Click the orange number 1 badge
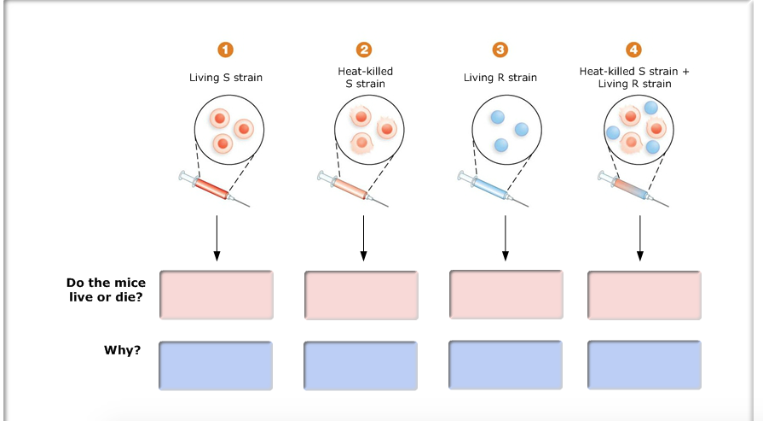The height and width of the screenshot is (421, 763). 226,50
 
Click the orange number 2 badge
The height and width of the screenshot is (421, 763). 365,50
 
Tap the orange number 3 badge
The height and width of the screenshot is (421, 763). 500,50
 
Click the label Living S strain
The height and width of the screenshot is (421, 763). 226,78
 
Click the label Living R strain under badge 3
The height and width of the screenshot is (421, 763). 500,78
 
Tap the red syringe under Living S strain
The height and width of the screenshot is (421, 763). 214,189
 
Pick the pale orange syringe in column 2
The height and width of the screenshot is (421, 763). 353,189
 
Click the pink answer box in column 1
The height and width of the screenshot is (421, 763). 217,295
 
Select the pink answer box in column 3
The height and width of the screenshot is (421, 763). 506,295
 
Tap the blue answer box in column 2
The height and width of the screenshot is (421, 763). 361,365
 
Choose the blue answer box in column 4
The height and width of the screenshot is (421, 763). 645,365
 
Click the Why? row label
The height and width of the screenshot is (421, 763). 123,350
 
